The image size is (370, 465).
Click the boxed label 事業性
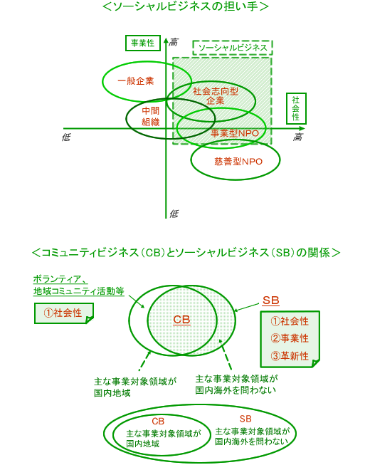pos(143,43)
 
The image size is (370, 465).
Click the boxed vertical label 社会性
pos(296,108)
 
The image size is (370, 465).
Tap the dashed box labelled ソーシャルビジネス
pos(233,48)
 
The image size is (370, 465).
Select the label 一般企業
pos(136,81)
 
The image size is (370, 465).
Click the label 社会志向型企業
pos(216,96)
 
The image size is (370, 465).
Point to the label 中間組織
pos(150,116)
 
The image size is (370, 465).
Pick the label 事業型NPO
pos(235,133)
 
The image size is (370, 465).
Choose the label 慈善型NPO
pos(238,162)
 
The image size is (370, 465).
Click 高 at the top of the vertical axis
pos(174,43)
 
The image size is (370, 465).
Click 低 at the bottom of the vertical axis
pos(174,214)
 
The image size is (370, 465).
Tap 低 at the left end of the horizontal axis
pos(66,137)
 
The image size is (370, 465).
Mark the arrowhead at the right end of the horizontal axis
pos(302,128)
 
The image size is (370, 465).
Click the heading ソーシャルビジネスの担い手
pos(185,6)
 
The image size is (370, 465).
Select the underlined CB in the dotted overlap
pos(181,320)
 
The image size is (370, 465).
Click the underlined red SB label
pos(271,301)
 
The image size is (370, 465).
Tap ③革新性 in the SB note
pos(290,356)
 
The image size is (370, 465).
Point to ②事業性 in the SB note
pos(290,338)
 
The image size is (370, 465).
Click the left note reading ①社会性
pos(64,313)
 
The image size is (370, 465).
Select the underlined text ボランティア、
pos(60,279)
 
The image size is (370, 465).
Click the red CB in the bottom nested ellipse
pos(158,421)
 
